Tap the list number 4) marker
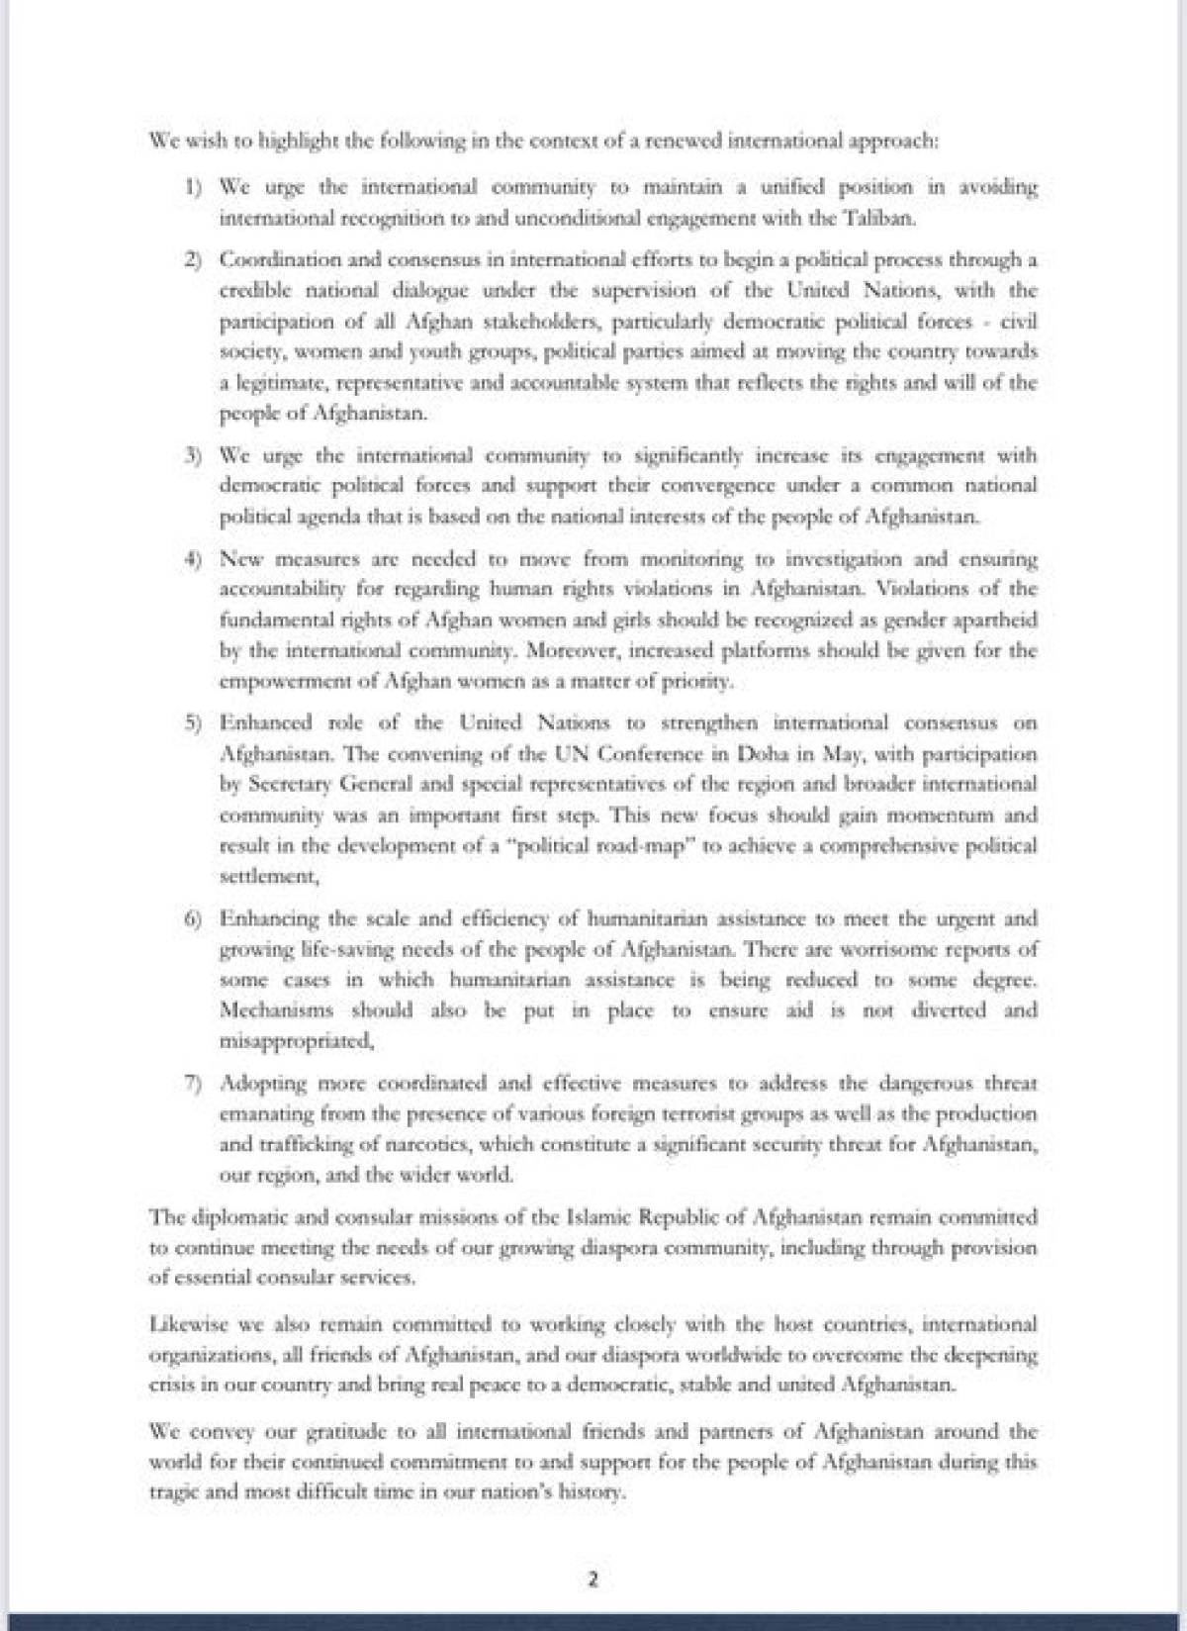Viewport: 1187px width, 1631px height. pos(194,559)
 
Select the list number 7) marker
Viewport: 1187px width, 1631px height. pos(194,1084)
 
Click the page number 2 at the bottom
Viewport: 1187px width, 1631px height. pos(593,1580)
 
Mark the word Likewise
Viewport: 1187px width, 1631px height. pos(186,1324)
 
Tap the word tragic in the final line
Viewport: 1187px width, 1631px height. pos(174,1492)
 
